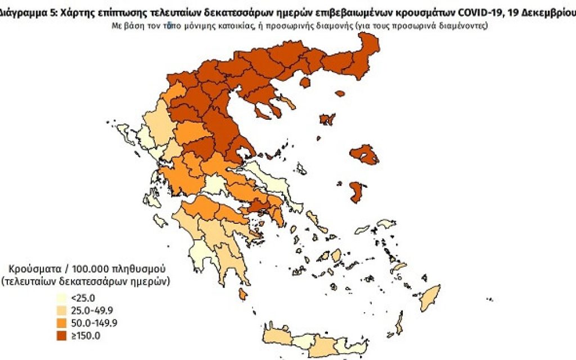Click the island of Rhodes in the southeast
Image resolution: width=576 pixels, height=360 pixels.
click(430, 297)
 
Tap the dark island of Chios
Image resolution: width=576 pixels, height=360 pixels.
click(355, 192)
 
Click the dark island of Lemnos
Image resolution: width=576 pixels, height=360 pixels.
click(327, 119)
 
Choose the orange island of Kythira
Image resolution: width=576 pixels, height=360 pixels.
click(242, 294)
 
